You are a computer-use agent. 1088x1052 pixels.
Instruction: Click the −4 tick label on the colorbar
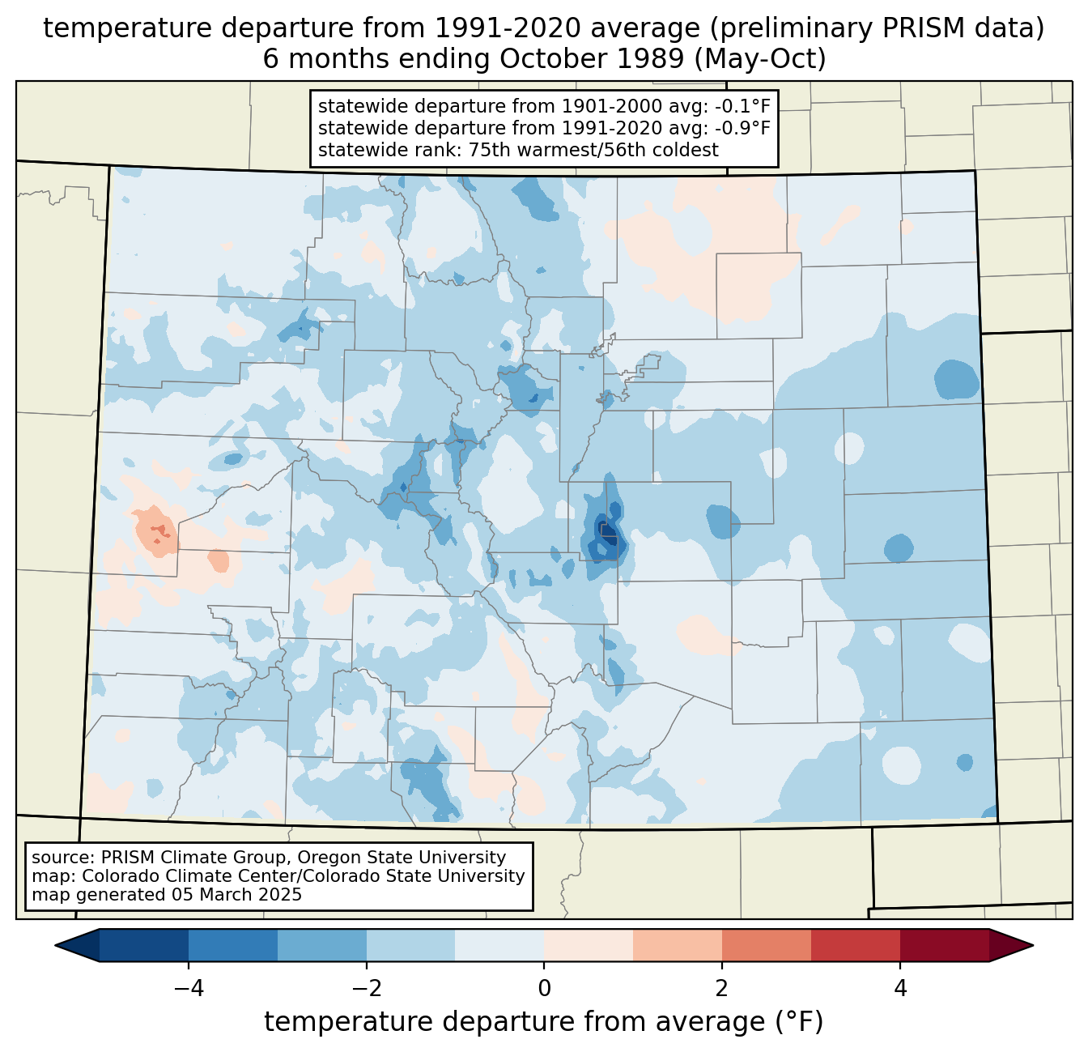(189, 988)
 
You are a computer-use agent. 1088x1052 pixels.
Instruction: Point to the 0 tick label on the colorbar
(544, 988)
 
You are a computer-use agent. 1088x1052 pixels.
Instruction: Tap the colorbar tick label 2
(722, 988)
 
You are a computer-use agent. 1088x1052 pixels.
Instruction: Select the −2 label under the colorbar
(366, 988)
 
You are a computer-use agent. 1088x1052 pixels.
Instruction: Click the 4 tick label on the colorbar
(900, 988)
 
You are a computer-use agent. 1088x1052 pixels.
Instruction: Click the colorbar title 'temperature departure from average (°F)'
(543, 1021)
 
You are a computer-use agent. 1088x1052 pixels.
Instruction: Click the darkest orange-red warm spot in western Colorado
(160, 530)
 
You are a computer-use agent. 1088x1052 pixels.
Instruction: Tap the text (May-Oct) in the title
(760, 59)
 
